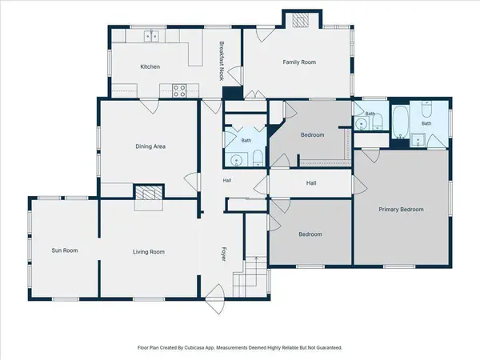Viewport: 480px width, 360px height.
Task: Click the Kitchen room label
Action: tap(150, 66)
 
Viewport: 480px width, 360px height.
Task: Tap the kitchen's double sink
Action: tap(151, 36)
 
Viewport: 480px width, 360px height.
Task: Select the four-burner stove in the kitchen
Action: tap(179, 90)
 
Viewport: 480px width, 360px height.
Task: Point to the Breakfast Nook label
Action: tap(222, 61)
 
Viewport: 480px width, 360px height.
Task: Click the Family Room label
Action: tap(299, 62)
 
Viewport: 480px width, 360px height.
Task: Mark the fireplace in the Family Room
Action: tap(300, 21)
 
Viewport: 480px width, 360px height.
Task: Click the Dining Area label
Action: tap(150, 146)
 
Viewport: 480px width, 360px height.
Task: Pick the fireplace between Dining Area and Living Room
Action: tap(149, 193)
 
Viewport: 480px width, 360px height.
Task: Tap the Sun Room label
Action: tap(65, 250)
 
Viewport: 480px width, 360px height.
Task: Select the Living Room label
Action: tap(149, 252)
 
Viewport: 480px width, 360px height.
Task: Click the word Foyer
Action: tap(224, 254)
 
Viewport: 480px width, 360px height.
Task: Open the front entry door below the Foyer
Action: tap(215, 298)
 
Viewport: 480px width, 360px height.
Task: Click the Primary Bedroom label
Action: tap(401, 210)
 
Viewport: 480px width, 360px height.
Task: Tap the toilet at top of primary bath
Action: tap(426, 110)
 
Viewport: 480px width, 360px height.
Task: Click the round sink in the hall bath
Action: tap(236, 160)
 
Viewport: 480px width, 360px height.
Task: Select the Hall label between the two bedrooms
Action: tap(311, 183)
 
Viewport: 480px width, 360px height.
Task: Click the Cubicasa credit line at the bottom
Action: tap(240, 348)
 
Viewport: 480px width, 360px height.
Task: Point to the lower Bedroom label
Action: tap(310, 234)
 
